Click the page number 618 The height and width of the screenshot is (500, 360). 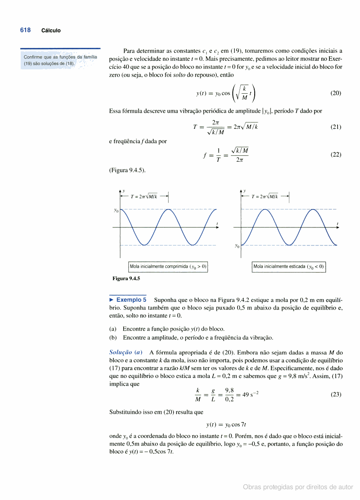pos(25,30)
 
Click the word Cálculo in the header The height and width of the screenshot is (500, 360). pos(51,31)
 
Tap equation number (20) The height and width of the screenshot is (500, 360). pos(336,93)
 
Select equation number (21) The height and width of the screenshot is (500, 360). pos(336,127)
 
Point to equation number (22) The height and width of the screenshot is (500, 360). pos(336,155)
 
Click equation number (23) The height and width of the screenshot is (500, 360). pos(336,394)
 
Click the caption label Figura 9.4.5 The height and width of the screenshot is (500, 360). pos(126,278)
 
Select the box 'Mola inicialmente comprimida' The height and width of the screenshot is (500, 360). pos(168,267)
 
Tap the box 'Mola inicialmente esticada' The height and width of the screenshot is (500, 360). pos(288,267)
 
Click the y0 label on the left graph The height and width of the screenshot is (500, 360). pos(116,210)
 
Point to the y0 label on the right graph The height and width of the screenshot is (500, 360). pos(237,246)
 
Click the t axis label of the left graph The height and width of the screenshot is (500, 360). pos(217,224)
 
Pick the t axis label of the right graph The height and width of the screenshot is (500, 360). pos(337,224)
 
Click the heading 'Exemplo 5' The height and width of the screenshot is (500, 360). pos(131,300)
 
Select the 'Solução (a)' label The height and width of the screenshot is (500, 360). pos(126,352)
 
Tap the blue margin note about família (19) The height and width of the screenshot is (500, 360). pos(60,60)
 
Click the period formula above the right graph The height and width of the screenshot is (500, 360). pos(265,196)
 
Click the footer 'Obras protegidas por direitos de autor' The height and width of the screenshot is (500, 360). pos(298,487)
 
